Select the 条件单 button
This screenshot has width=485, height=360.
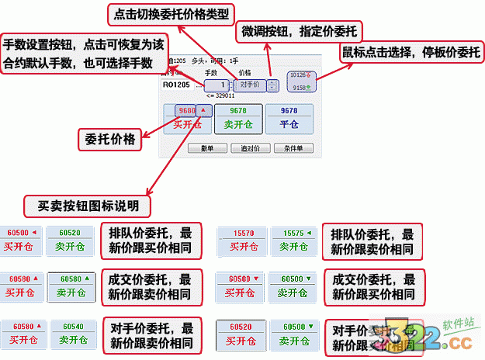coord(292,147)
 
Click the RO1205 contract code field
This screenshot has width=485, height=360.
coord(178,85)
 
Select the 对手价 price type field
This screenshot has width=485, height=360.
coord(249,85)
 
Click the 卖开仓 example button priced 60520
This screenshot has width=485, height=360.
coord(70,240)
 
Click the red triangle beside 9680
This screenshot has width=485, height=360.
coord(204,110)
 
